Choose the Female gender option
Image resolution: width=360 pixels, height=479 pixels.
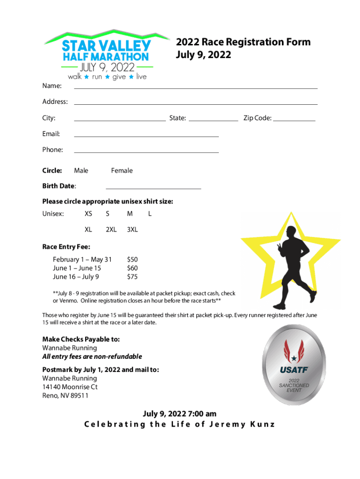(122, 171)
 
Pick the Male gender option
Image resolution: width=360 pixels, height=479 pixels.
(81, 171)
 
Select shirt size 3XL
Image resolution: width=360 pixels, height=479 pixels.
(132, 230)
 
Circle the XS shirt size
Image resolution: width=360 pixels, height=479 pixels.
(88, 214)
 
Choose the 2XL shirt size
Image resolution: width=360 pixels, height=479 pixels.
(111, 230)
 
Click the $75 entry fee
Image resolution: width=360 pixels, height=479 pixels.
(132, 277)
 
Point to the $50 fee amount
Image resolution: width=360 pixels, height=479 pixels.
(132, 259)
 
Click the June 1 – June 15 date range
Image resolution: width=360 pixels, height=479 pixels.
(77, 268)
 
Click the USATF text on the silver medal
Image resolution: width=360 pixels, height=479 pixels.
(294, 370)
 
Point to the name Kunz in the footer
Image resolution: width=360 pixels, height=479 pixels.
(261, 425)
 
